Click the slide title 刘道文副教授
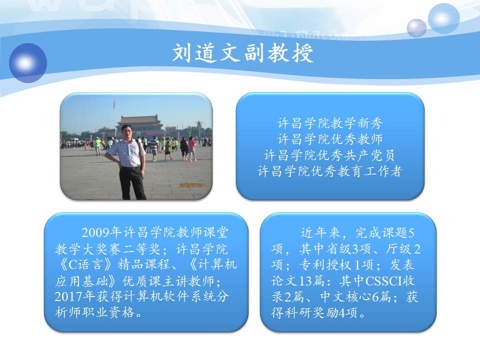[243, 53]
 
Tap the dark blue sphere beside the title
[28, 63]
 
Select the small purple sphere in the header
[416, 28]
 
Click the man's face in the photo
[126, 132]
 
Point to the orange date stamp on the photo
[191, 185]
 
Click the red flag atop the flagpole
[114, 104]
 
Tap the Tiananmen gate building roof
[139, 119]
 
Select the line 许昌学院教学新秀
[330, 123]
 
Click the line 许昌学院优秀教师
[330, 139]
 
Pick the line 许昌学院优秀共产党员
[330, 155]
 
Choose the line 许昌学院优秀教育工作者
[330, 171]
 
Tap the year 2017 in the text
[69, 296]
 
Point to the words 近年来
[320, 233]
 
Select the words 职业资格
[108, 312]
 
